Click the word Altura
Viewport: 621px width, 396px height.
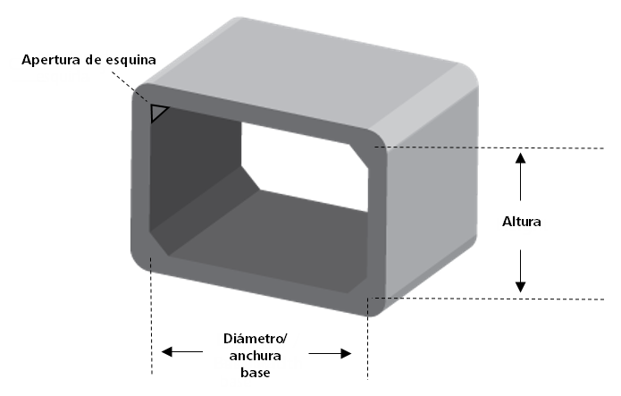coord(522,221)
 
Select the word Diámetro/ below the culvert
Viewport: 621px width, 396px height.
coord(255,339)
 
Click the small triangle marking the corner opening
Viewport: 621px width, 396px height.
coord(159,113)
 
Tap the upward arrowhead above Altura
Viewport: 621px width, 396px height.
coord(522,159)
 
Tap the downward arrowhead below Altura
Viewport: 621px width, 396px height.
coord(522,284)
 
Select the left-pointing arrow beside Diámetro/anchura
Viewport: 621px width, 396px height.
coord(179,352)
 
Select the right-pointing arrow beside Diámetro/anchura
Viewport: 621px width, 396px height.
coord(331,352)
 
